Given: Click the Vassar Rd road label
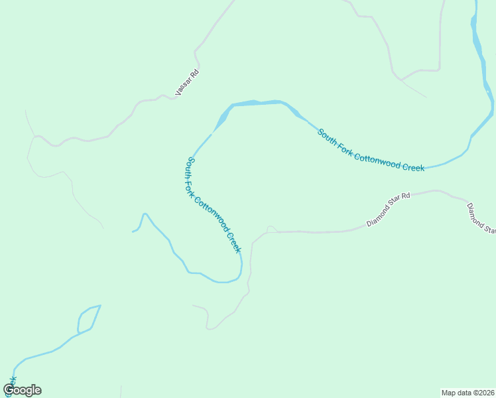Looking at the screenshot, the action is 187,83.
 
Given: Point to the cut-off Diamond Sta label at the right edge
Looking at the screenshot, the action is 481,218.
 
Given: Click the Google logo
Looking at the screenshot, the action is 23,390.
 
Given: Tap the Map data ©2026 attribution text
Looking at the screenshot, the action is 467,392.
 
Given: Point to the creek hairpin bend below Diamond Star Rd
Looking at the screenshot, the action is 239,273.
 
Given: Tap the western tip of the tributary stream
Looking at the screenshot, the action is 133,232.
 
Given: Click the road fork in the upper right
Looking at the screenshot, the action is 403,79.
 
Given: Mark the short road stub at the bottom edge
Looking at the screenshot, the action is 121,391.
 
